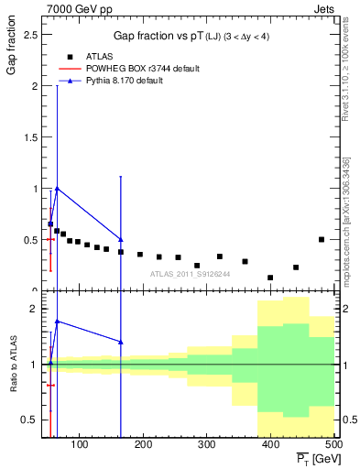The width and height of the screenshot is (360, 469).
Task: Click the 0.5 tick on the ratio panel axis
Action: (x=28, y=420)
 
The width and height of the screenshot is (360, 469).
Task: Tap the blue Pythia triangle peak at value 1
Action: (x=57, y=189)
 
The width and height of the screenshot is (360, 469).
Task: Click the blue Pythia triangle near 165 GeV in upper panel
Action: (x=121, y=240)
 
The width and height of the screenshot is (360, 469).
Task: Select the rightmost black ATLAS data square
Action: (x=322, y=239)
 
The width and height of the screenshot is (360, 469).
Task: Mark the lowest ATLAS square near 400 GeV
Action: (x=270, y=278)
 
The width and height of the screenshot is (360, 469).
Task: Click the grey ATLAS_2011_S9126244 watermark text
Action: (x=191, y=273)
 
